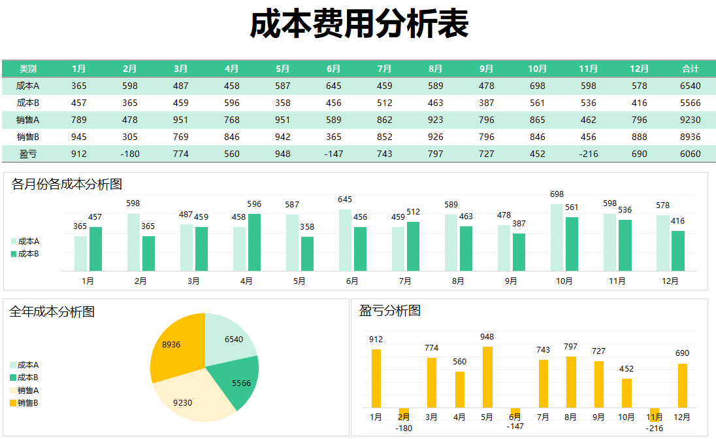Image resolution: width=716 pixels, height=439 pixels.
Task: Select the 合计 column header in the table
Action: coord(690,69)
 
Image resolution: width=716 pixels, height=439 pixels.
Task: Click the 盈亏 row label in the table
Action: coord(28,154)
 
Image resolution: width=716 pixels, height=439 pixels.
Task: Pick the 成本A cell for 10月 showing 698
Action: coord(537,86)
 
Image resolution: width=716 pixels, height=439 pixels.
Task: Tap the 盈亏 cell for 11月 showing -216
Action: coord(588,154)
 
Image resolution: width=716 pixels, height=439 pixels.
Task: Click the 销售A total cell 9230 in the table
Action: coord(690,120)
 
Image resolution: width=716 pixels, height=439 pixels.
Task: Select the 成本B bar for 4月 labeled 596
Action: coord(254,243)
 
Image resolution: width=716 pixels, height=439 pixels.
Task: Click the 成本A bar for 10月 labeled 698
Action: coord(557,237)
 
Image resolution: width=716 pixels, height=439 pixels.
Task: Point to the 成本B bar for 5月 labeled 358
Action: coord(307,254)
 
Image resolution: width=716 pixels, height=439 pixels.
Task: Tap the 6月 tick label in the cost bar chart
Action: coord(352,281)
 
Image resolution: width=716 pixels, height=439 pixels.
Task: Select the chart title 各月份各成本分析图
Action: coord(67,184)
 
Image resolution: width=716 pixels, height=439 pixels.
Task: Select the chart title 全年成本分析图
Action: coord(52,312)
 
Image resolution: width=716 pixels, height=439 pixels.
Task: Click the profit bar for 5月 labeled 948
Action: coord(487,377)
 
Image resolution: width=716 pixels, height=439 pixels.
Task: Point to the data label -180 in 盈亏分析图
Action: coord(404,428)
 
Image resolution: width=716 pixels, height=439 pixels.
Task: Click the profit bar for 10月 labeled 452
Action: coord(626,393)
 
